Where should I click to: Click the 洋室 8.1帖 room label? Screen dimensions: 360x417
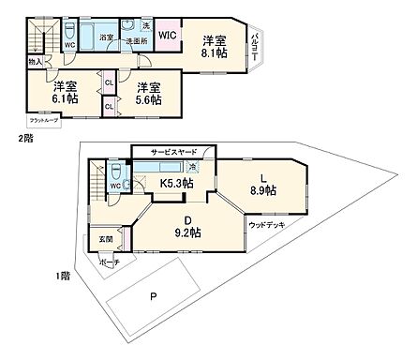coord(215,48)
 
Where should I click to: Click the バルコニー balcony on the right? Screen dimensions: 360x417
coord(254,48)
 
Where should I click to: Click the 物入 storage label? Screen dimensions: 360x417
coord(35,61)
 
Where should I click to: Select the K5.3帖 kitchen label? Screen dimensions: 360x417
coord(175,182)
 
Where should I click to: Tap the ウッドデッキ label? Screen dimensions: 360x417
coord(267,225)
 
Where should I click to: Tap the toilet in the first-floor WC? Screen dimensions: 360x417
coord(114,172)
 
